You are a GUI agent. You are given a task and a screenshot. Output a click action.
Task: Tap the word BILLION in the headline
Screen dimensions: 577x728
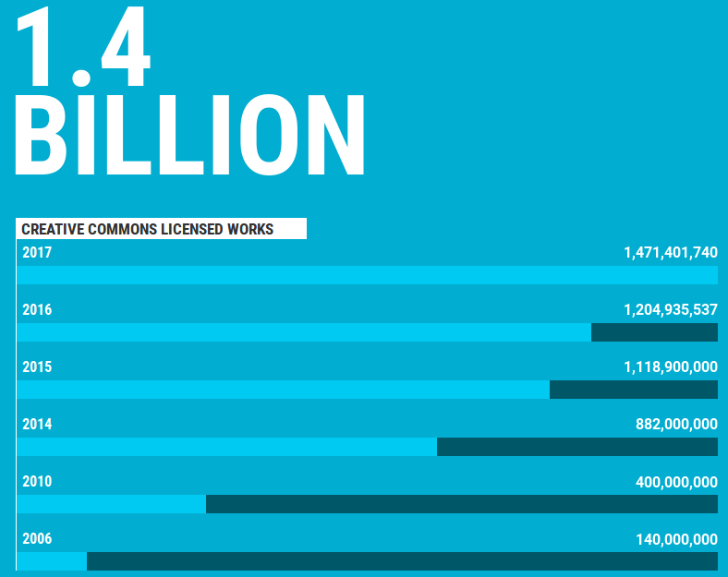coord(189,134)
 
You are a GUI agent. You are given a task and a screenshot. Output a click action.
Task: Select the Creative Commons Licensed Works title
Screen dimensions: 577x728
coord(148,229)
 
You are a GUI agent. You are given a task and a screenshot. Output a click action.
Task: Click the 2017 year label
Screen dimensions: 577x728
coord(37,252)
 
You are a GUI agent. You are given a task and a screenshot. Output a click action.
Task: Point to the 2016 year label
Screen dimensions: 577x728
coord(37,309)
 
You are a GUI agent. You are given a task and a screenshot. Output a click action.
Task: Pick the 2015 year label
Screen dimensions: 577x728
coord(37,367)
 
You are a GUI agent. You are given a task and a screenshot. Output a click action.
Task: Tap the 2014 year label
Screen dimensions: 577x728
coord(37,424)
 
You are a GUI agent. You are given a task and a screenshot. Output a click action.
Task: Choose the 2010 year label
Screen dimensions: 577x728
coord(37,481)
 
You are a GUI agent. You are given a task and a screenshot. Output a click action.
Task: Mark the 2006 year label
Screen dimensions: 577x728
coord(37,538)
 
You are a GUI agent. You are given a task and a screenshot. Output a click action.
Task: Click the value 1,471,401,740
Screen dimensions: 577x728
coord(671,252)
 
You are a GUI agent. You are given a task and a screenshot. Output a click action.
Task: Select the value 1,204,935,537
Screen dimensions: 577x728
coord(671,309)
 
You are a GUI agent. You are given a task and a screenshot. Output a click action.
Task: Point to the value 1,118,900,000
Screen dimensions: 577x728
coord(671,367)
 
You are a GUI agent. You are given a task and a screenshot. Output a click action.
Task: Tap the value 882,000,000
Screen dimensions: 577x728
coord(676,424)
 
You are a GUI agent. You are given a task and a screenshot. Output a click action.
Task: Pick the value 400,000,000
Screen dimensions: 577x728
coord(676,481)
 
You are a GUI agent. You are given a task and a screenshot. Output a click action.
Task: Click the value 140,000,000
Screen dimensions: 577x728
coord(676,538)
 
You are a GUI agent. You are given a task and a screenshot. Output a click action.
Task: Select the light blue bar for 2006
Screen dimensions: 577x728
coord(52,561)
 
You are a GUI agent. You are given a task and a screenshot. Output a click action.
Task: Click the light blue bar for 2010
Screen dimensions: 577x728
coord(111,504)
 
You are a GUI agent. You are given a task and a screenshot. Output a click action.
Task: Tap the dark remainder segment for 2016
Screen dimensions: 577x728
coord(654,332)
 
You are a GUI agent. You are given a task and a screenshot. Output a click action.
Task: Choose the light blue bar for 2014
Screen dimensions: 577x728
coord(226,447)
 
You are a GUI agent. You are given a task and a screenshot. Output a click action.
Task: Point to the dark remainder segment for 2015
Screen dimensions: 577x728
coord(634,390)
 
